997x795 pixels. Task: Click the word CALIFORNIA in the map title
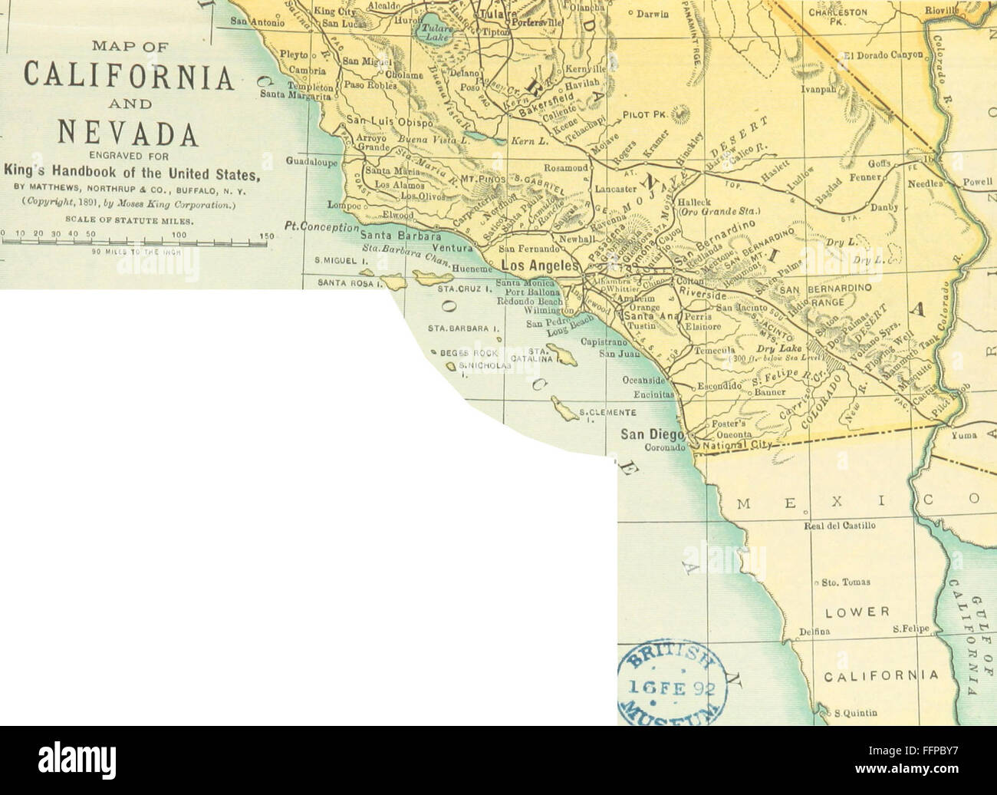click(127, 78)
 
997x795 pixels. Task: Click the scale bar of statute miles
click(134, 243)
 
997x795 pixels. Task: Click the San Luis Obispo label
click(390, 120)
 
